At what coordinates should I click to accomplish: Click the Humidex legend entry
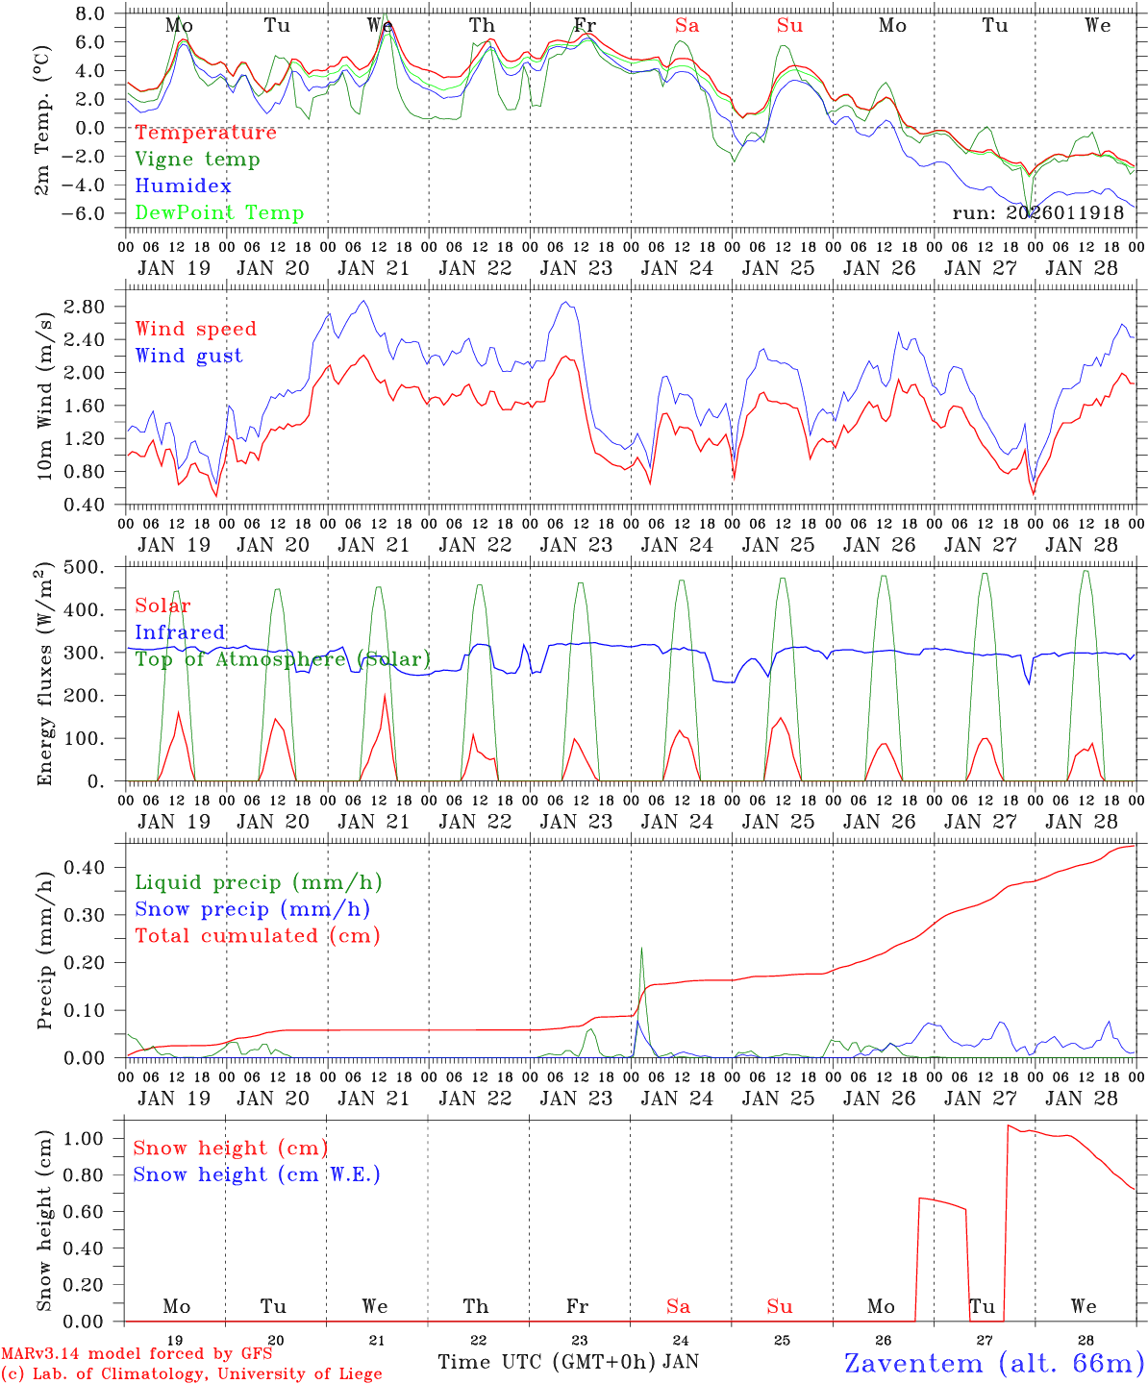[x=183, y=186]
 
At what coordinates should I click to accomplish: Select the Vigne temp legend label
[x=197, y=160]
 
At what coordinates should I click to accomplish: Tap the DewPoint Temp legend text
[x=219, y=213]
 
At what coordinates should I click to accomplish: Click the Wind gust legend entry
[x=188, y=356]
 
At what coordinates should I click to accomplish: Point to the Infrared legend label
[x=180, y=632]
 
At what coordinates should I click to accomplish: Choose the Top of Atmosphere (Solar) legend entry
[x=283, y=659]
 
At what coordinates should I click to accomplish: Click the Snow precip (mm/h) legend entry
[x=252, y=909]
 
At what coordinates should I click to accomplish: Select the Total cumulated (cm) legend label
[x=257, y=936]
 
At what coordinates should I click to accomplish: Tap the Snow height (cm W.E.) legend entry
[x=256, y=1174]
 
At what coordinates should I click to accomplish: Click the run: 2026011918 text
[x=1037, y=213]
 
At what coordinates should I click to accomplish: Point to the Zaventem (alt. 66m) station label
[x=994, y=1363]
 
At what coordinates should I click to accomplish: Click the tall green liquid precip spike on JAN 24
[x=641, y=951]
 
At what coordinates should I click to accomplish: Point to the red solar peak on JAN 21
[x=386, y=696]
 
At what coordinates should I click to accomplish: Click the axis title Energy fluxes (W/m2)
[x=44, y=676]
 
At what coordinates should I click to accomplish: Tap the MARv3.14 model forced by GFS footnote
[x=136, y=1354]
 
